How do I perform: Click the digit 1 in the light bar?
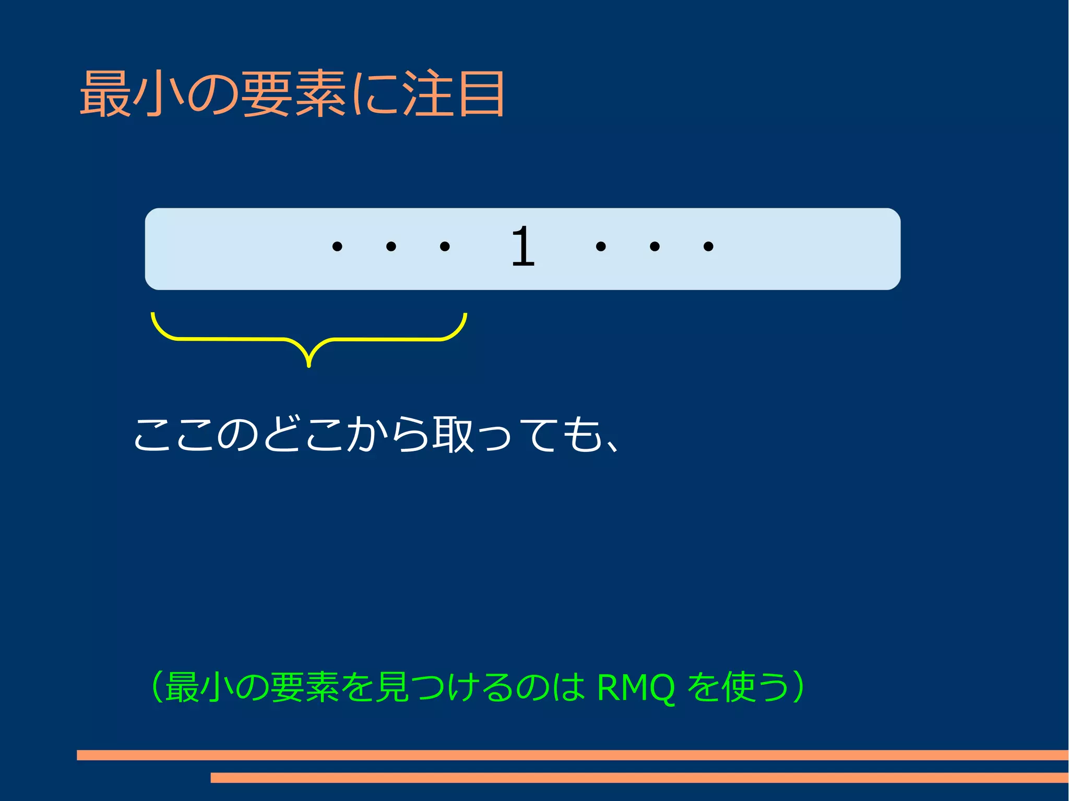[x=523, y=246]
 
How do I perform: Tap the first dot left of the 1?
[x=337, y=246]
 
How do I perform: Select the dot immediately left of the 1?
[x=445, y=246]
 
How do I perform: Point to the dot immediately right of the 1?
[x=601, y=246]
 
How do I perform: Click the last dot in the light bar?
[x=708, y=246]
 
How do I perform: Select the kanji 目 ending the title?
[x=481, y=94]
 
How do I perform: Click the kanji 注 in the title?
[x=428, y=94]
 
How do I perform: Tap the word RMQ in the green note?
[x=635, y=688]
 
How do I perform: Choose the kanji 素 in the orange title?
[x=320, y=94]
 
